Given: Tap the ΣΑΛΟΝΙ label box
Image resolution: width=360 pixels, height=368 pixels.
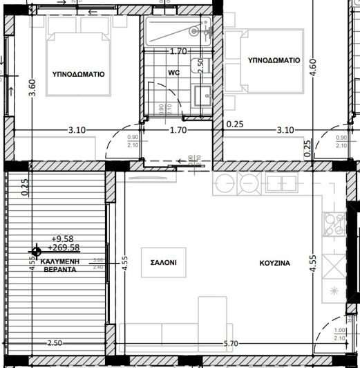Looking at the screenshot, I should [164, 263].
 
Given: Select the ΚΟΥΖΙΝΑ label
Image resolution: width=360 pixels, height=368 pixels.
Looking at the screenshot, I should [274, 263].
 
